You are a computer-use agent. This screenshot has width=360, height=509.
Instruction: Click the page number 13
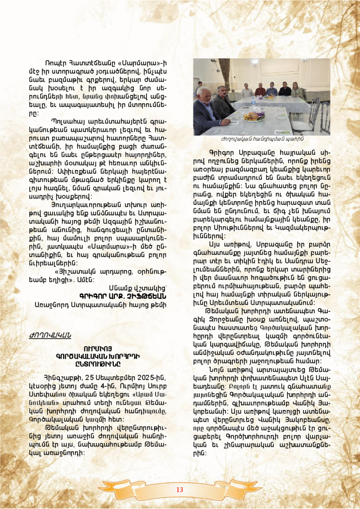[x=180, y=490]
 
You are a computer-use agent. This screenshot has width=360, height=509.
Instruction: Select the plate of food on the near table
[x=254, y=116]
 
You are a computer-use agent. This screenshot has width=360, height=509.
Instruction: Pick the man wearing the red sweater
[x=260, y=90]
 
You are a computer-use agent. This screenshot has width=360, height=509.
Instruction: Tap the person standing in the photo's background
[x=199, y=88]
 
